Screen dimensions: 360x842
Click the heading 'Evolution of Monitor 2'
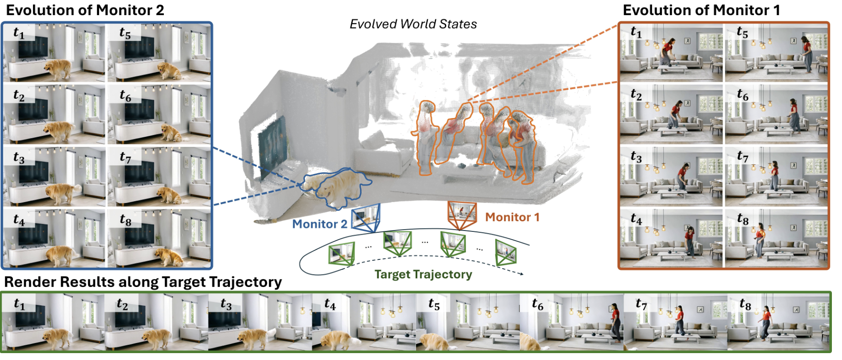(85, 10)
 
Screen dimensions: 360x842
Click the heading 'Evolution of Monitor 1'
(701, 10)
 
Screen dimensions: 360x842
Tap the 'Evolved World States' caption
(413, 24)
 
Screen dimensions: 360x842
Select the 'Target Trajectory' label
(423, 274)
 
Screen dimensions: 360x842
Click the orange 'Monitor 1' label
(512, 217)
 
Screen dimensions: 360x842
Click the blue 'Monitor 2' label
(320, 224)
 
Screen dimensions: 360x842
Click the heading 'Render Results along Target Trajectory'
(143, 282)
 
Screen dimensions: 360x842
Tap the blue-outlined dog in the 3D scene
(337, 186)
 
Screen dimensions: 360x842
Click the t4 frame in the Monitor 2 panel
(54, 238)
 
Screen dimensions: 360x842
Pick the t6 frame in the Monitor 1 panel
(776, 114)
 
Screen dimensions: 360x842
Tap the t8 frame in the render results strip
(779, 323)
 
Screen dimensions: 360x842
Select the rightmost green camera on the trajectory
(506, 253)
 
